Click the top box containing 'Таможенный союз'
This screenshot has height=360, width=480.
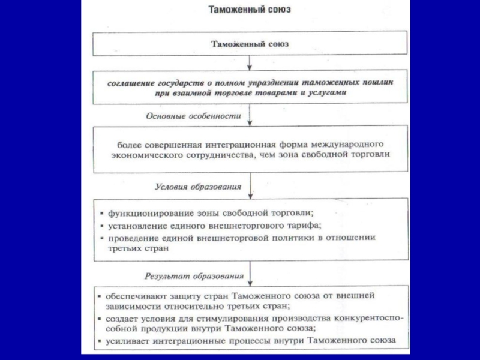point(251,44)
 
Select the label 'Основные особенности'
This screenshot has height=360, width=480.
point(194,116)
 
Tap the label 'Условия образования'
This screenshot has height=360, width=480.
point(199,187)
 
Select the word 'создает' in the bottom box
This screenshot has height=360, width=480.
point(122,319)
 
